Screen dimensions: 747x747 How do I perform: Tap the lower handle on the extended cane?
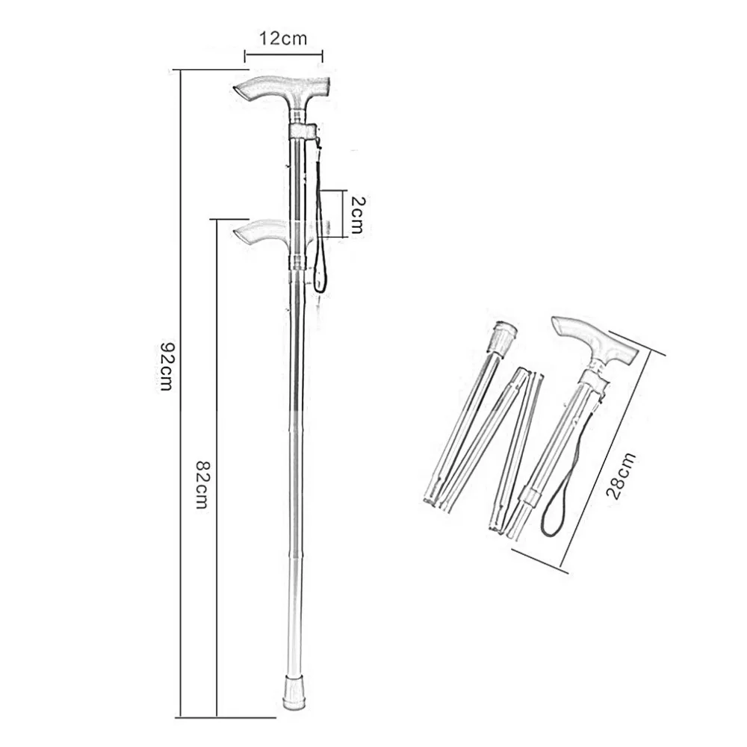(x=261, y=232)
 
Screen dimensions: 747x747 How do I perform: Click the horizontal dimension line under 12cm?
(x=283, y=53)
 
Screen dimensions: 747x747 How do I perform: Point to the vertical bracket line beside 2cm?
(x=345, y=212)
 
